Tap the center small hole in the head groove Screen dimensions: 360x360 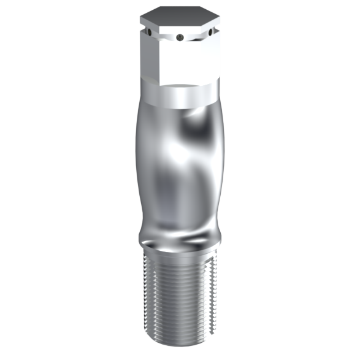pos(178,38)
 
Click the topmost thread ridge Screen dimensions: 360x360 pos(178,253)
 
